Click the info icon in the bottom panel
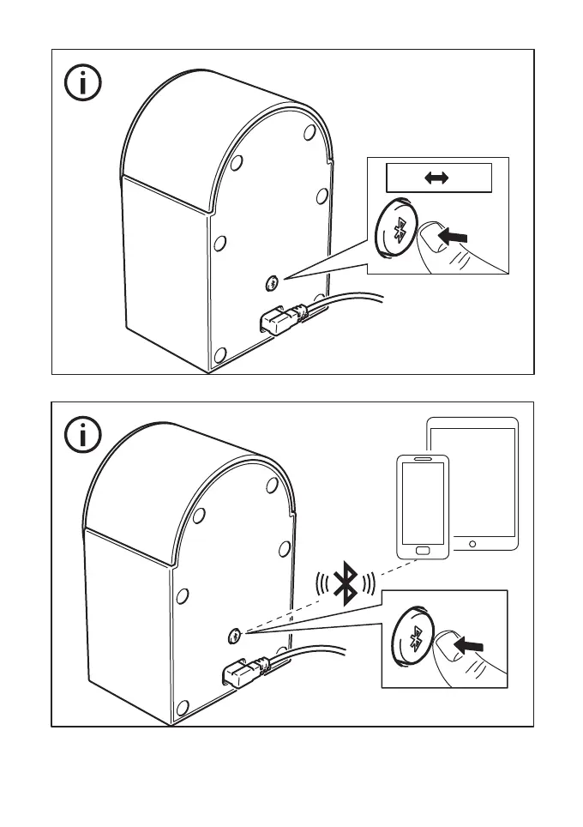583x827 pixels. pyautogui.click(x=82, y=436)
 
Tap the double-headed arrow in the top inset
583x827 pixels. pyautogui.click(x=437, y=178)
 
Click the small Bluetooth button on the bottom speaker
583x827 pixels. pyautogui.click(x=236, y=636)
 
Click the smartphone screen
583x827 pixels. pyautogui.click(x=421, y=504)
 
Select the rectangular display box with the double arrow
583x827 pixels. pyautogui.click(x=438, y=178)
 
